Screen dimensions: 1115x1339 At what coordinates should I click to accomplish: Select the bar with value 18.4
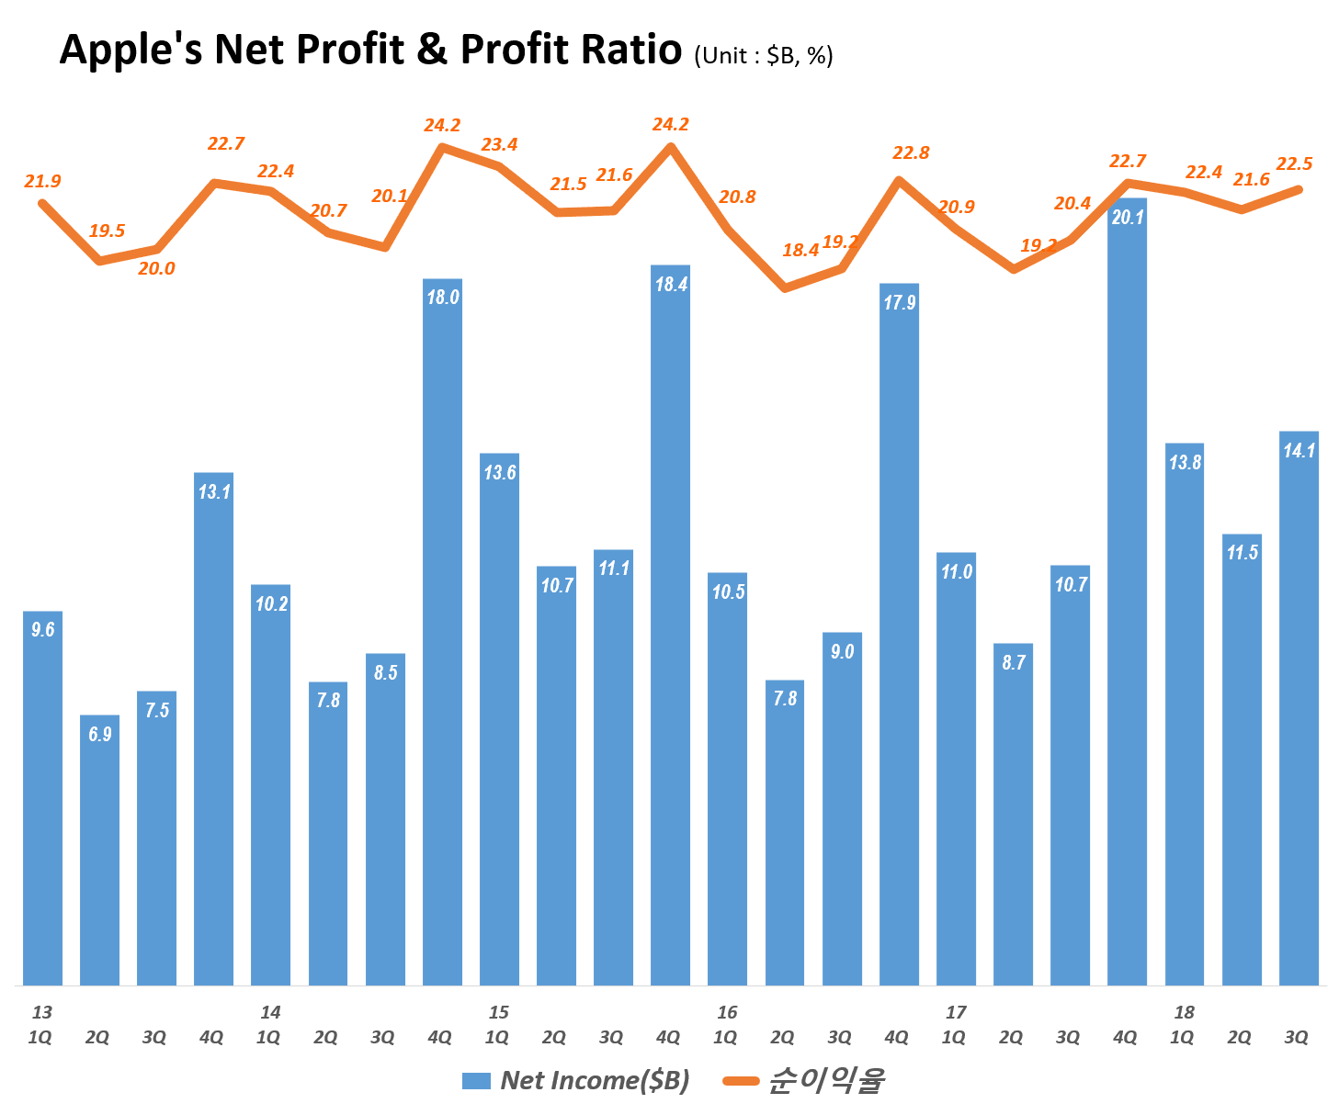[670, 625]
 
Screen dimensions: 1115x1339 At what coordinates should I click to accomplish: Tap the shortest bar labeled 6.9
[99, 850]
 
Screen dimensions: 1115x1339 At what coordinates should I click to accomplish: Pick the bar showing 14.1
[1299, 707]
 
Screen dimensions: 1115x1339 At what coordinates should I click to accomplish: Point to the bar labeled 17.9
[899, 634]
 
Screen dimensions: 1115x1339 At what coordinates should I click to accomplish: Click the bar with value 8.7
[1013, 814]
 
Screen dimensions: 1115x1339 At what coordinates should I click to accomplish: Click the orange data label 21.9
[42, 181]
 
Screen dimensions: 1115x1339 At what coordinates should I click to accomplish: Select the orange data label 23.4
[499, 144]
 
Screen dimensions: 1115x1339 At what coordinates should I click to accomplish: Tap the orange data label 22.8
[911, 152]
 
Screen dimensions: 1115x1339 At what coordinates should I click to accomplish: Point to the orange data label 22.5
[1294, 163]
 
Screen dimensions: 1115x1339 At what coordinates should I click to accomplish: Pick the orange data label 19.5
[107, 231]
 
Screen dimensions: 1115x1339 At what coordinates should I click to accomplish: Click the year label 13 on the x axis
[42, 1012]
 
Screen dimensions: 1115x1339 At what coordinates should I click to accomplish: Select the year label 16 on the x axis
[727, 1012]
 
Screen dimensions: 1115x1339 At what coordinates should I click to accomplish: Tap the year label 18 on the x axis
[1184, 1012]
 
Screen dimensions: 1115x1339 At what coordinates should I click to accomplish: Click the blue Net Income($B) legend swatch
[476, 1081]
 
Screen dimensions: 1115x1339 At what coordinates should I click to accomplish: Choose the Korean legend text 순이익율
[825, 1080]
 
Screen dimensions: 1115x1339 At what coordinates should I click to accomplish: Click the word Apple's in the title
[130, 49]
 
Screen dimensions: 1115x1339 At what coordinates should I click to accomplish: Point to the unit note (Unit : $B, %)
[763, 55]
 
